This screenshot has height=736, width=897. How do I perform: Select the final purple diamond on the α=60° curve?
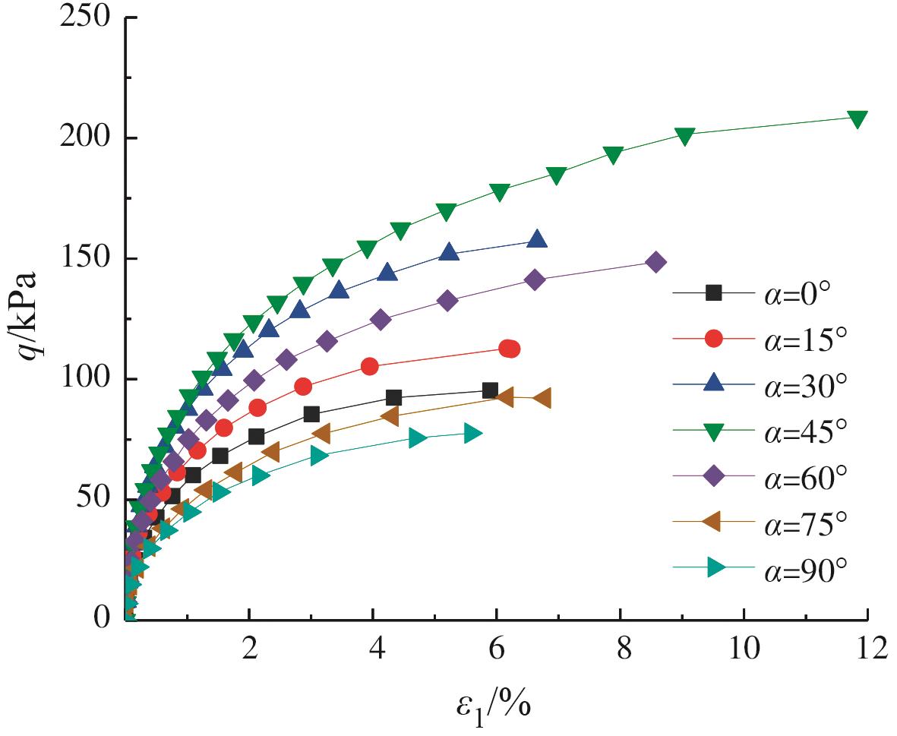point(655,262)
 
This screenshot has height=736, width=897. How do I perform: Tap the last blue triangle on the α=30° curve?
point(537,239)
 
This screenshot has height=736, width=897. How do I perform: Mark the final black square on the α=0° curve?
point(490,390)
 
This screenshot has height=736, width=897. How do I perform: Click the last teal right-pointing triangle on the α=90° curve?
point(472,434)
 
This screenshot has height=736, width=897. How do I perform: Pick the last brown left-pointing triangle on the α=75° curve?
point(542,398)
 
